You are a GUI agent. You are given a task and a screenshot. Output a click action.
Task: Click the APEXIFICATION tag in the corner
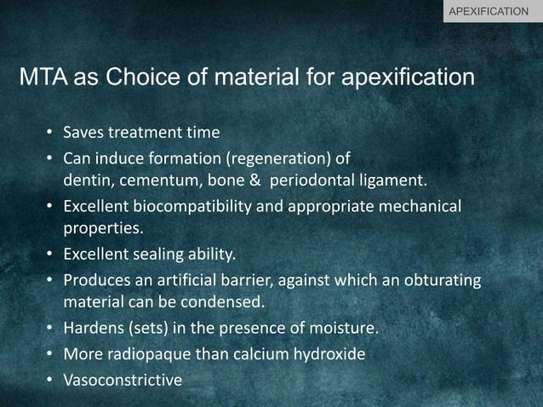point(493,11)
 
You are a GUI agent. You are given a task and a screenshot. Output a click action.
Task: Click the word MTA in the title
point(43,78)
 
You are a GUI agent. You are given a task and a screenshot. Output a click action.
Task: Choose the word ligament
point(392,181)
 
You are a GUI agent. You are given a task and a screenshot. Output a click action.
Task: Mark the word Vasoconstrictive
point(123,380)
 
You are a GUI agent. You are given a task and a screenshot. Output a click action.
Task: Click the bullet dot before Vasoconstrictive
point(51,379)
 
